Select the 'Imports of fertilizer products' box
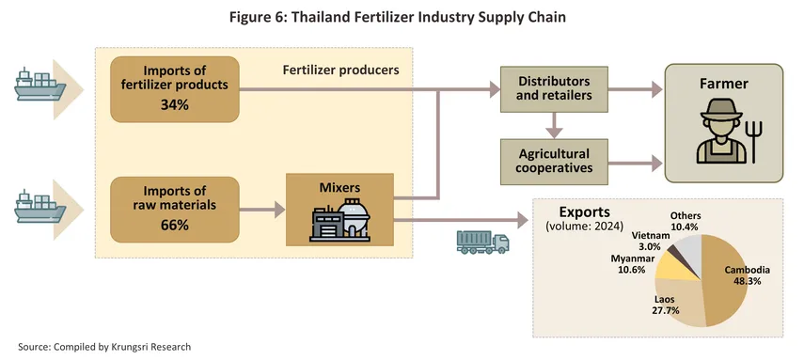175,88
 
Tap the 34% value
174,105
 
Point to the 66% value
174,226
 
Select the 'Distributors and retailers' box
554,91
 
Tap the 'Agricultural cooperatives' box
554,161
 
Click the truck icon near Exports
481,243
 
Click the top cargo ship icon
40,87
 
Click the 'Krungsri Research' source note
104,347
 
